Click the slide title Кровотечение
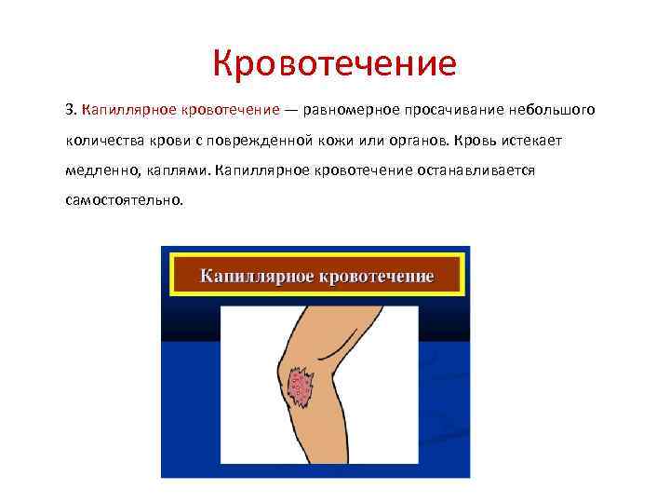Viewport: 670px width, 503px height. [x=334, y=64]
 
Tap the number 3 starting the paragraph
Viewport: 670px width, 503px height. [x=70, y=111]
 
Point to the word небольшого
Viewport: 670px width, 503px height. [x=552, y=111]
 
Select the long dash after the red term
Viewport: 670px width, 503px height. [x=292, y=111]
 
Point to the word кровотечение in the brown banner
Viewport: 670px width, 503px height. [x=378, y=277]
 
